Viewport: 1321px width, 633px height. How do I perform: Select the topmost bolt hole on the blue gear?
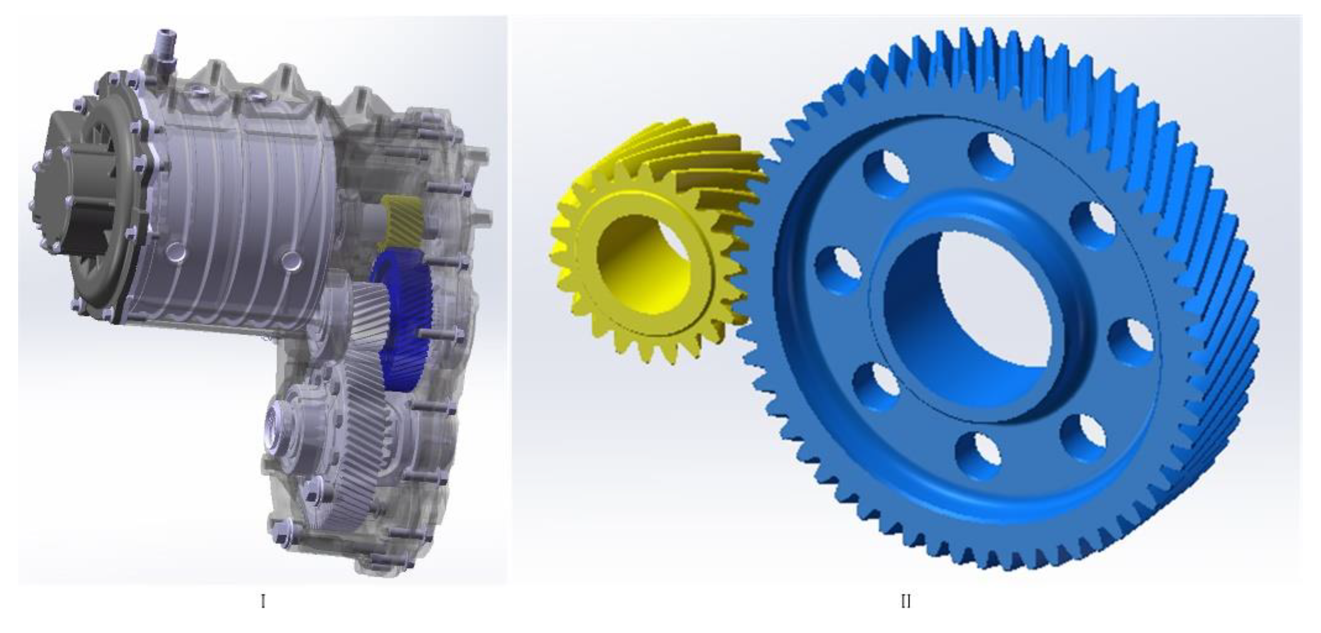[x=991, y=156]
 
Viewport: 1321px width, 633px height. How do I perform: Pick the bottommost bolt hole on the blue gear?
[x=979, y=456]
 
